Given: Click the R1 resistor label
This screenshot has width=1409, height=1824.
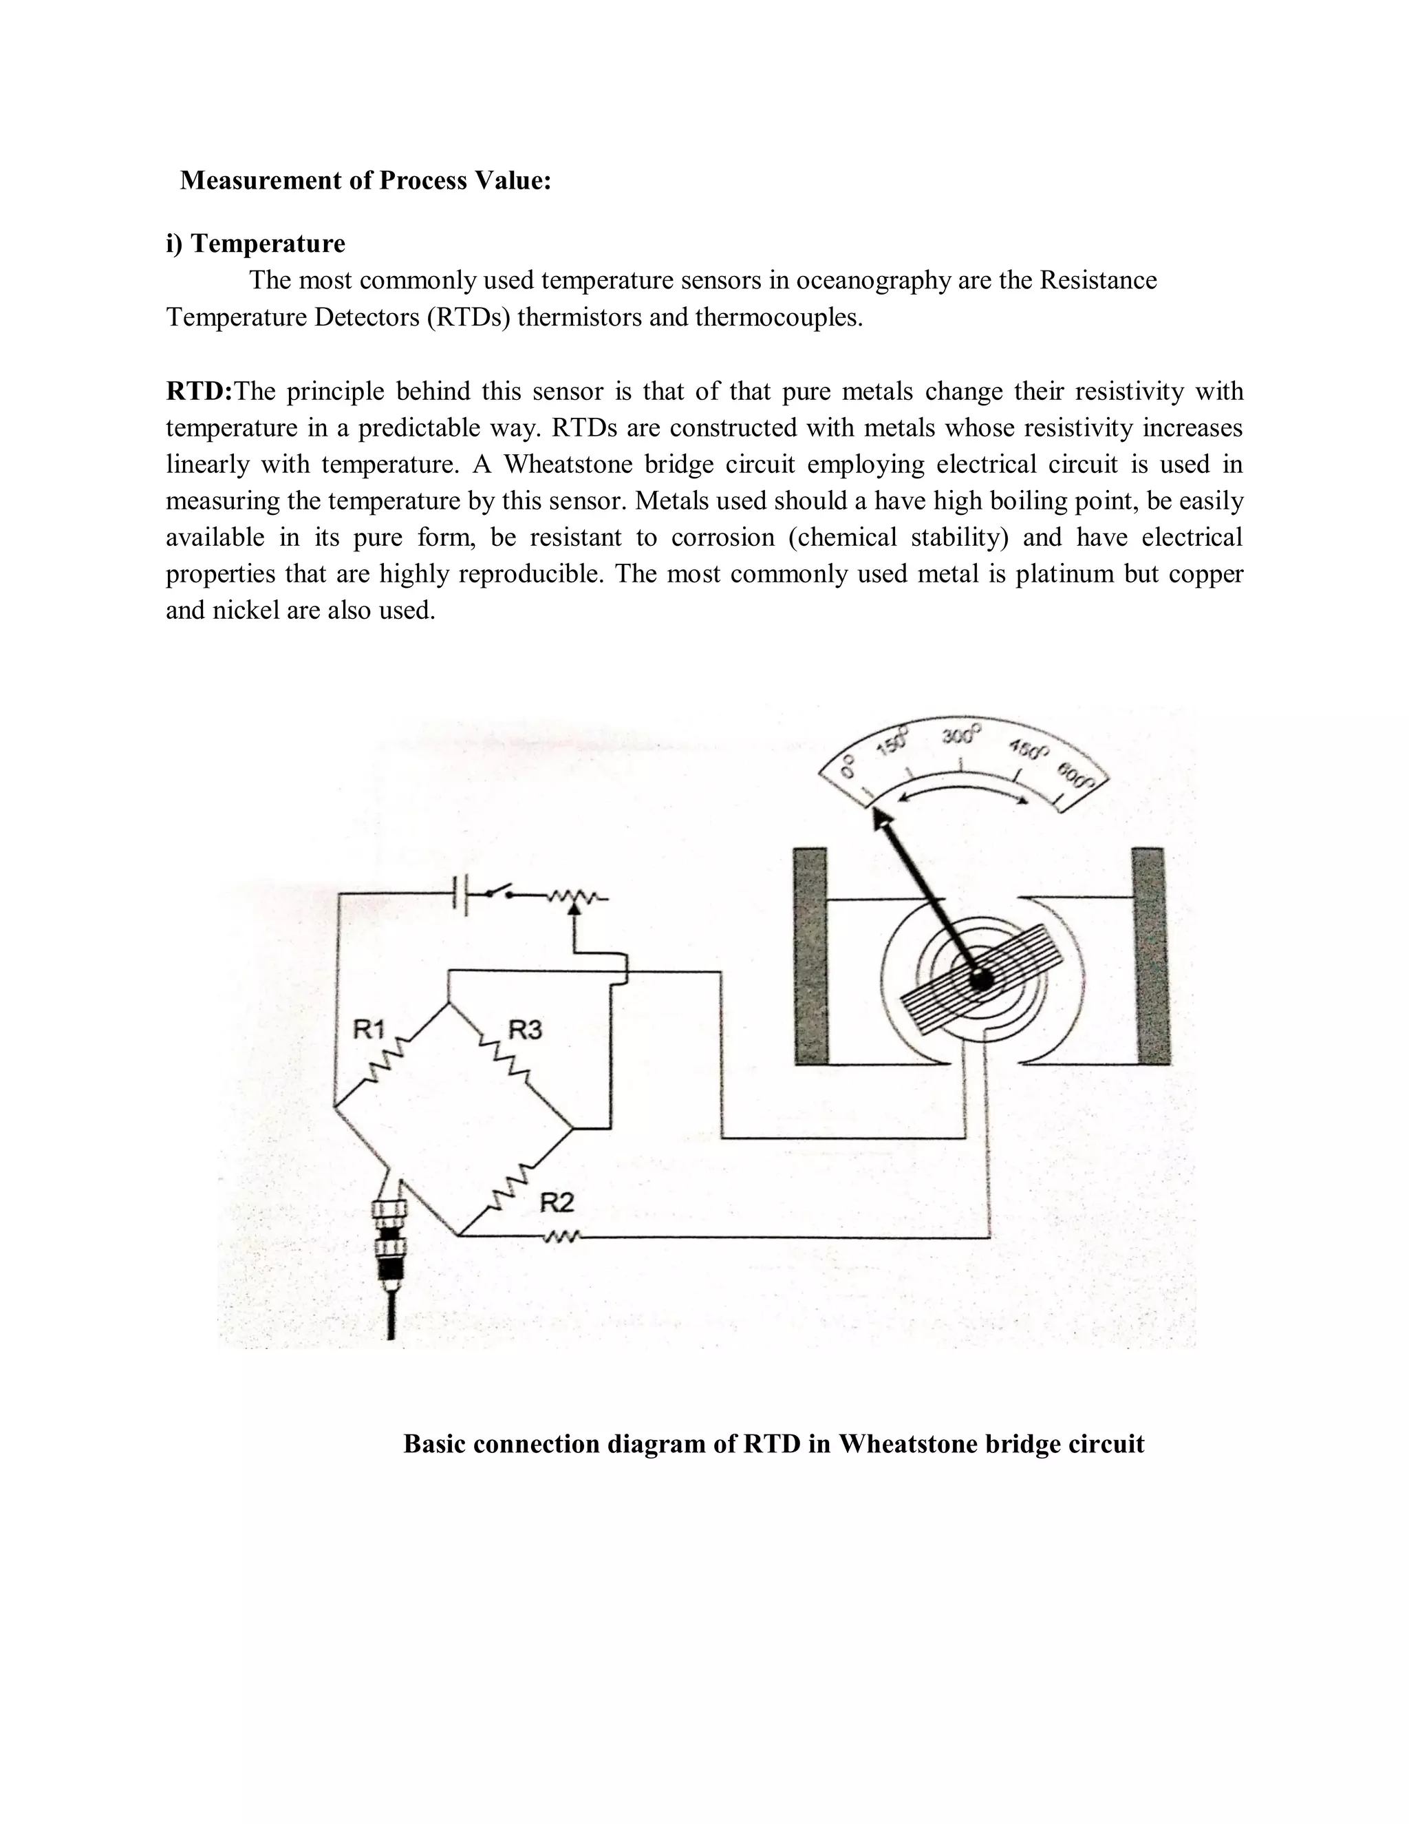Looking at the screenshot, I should click(x=368, y=1028).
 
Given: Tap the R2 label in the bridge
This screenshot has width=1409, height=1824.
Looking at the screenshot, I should click(x=557, y=1202).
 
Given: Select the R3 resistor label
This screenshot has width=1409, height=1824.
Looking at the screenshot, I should click(x=525, y=1030).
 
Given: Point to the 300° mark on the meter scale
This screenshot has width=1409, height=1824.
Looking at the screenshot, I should click(x=962, y=736).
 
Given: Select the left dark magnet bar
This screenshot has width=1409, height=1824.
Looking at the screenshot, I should click(x=810, y=955).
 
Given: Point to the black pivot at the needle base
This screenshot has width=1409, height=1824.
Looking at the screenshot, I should click(x=982, y=979).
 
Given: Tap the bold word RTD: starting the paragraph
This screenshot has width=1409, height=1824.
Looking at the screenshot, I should click(x=199, y=391).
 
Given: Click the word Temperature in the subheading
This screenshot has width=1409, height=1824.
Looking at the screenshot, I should click(x=268, y=244).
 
